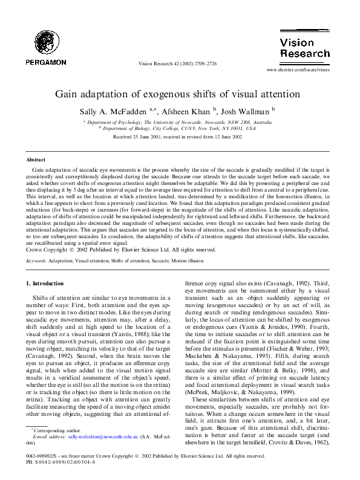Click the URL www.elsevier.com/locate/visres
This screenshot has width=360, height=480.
coord(298,70)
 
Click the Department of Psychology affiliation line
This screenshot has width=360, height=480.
coord(177,122)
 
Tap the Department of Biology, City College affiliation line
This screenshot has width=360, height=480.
coord(177,128)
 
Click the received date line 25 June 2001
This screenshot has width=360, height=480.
coord(177,137)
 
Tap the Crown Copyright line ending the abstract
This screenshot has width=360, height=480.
coord(121,233)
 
